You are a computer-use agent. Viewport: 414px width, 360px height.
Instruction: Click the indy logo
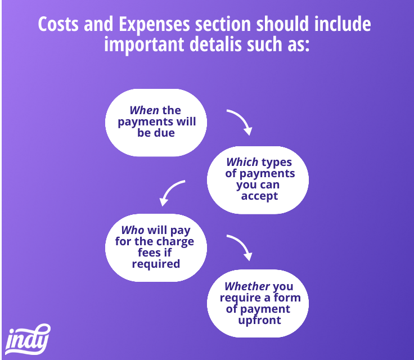[27, 339]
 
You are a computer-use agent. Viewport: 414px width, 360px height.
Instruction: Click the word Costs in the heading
[58, 24]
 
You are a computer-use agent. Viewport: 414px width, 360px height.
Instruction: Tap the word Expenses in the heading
[154, 24]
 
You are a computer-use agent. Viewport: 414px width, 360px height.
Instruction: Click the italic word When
[144, 110]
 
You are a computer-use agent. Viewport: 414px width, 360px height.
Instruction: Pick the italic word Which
[242, 162]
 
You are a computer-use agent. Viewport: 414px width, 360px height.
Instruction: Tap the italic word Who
[133, 230]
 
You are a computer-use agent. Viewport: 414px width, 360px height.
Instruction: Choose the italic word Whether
[247, 286]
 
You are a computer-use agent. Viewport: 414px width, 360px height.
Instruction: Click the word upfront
[259, 320]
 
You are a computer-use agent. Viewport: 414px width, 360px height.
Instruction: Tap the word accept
[259, 196]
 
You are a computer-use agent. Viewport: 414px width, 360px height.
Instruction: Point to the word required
[156, 264]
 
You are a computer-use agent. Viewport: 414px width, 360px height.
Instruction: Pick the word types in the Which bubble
[277, 163]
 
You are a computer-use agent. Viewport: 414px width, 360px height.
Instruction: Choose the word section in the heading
[223, 24]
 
